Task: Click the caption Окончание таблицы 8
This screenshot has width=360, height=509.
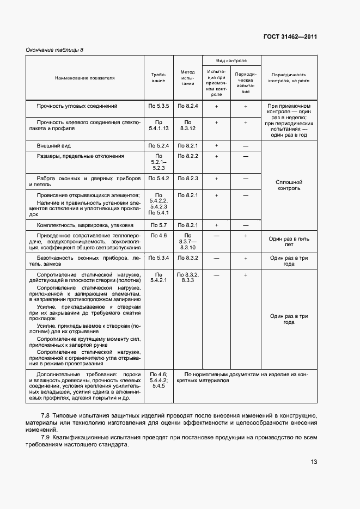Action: pyautogui.click(x=54, y=50)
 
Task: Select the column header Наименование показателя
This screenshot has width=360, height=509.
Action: pyautogui.click(x=84, y=78)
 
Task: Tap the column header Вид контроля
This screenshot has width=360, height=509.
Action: pyautogui.click(x=231, y=61)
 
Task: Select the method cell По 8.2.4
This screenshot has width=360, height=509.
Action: pyautogui.click(x=187, y=106)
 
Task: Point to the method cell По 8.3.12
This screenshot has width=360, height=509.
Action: pyautogui.click(x=187, y=126)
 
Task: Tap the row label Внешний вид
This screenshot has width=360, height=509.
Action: pyautogui.click(x=53, y=146)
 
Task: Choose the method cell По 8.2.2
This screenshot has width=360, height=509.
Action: pyautogui.click(x=187, y=156)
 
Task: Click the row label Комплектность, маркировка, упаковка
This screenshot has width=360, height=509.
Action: pyautogui.click(x=84, y=225)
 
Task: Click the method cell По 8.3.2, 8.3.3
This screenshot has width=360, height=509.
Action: pyautogui.click(x=187, y=278)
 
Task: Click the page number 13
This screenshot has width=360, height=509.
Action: pyautogui.click(x=314, y=462)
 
